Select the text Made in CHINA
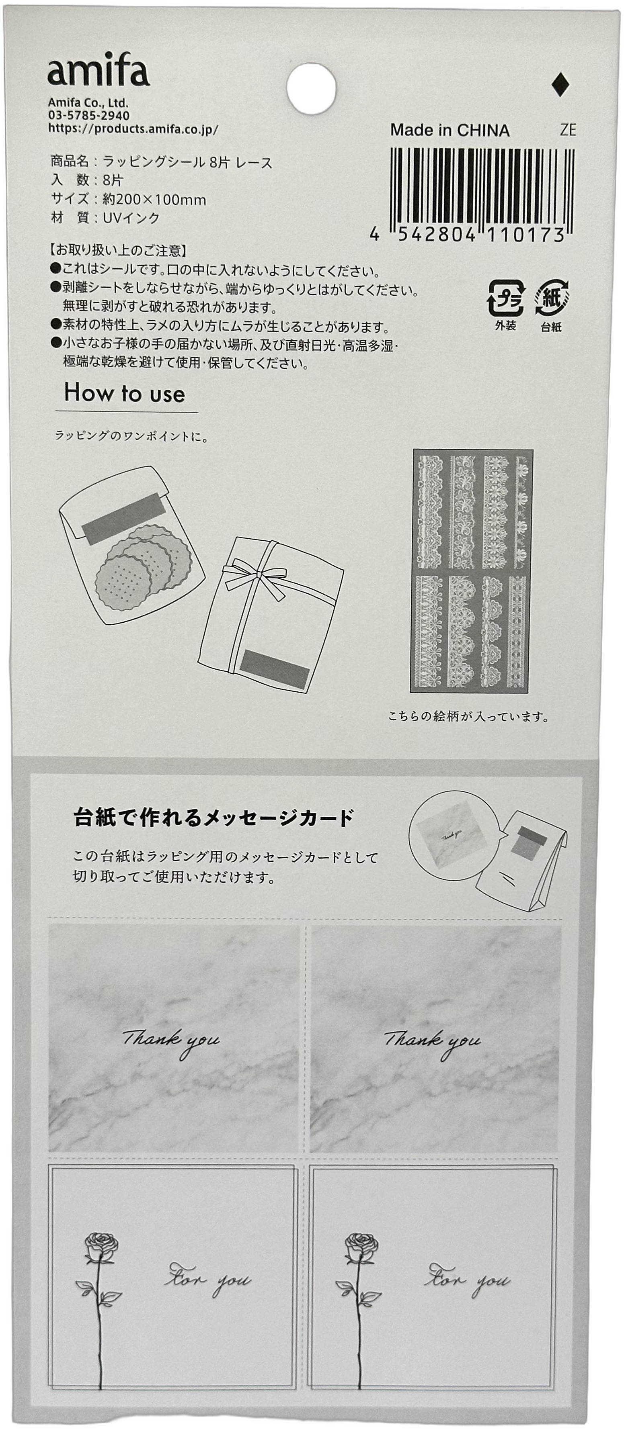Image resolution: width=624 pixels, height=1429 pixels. point(450,130)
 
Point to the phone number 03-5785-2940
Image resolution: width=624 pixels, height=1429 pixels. point(89,115)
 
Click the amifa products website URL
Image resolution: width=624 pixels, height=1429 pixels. point(133,129)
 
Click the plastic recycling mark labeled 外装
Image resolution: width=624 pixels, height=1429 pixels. point(505,298)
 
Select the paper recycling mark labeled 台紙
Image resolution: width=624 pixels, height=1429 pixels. point(551,298)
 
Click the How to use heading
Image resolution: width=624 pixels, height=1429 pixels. point(124,393)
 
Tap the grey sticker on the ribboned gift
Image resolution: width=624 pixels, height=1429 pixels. point(275,669)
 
